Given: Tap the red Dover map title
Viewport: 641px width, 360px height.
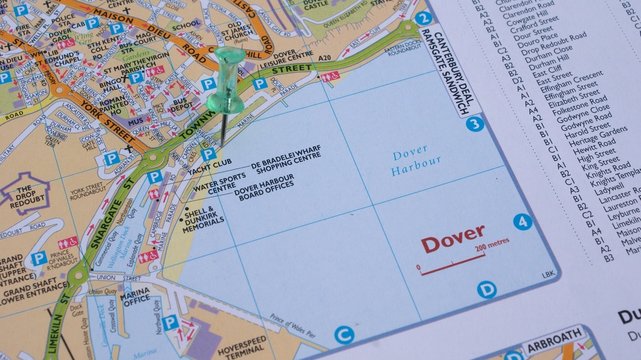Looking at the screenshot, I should (453, 244).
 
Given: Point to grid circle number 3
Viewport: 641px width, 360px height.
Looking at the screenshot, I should (474, 124).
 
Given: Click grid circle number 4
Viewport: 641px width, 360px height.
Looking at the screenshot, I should (522, 221).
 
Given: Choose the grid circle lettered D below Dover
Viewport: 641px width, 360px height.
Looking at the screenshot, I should (486, 290).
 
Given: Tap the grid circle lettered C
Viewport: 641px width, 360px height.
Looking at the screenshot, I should (344, 335).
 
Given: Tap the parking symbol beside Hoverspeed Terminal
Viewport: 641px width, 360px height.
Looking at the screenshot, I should (172, 322).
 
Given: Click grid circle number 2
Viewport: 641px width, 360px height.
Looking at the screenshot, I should (423, 17).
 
